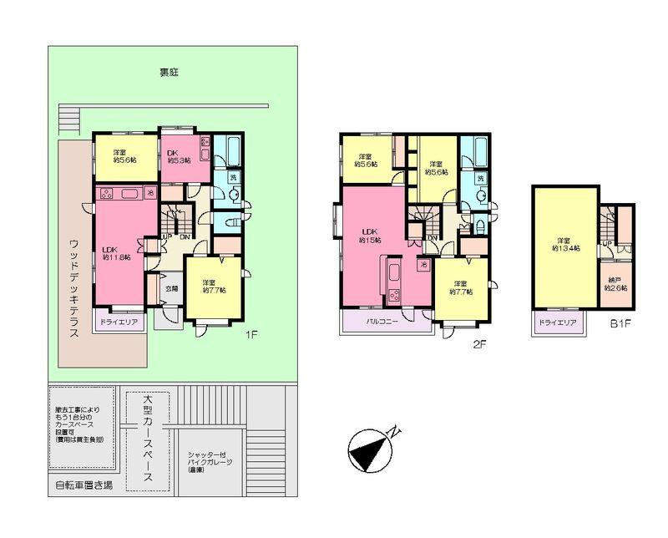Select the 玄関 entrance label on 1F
[x=170, y=289]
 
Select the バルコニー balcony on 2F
[x=384, y=320]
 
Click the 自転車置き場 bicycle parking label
[x=83, y=485]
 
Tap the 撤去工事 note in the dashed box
[x=81, y=424]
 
